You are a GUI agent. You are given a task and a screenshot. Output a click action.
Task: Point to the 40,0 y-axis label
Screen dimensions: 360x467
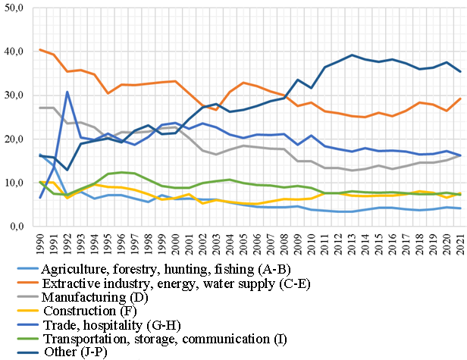point(14,52)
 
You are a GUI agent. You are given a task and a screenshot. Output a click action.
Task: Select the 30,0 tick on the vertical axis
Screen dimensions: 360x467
point(14,95)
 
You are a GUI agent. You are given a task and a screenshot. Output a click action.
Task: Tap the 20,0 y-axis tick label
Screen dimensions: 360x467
point(14,139)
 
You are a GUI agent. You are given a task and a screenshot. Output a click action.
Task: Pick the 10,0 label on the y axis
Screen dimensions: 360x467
point(14,183)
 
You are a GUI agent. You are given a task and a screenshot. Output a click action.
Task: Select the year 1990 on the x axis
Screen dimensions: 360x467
point(40,246)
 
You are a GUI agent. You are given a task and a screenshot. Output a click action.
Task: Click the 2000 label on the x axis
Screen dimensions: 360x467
point(175,246)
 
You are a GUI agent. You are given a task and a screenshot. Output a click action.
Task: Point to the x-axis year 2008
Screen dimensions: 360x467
point(284,246)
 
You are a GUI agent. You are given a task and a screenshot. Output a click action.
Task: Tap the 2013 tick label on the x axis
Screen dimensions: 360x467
point(351,246)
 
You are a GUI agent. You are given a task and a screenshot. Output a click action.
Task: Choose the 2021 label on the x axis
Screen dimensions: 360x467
point(459,246)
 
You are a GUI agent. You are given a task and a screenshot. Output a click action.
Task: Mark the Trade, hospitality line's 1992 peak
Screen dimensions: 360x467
point(67,92)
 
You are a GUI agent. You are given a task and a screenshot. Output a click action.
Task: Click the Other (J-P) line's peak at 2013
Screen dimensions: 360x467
point(351,55)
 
